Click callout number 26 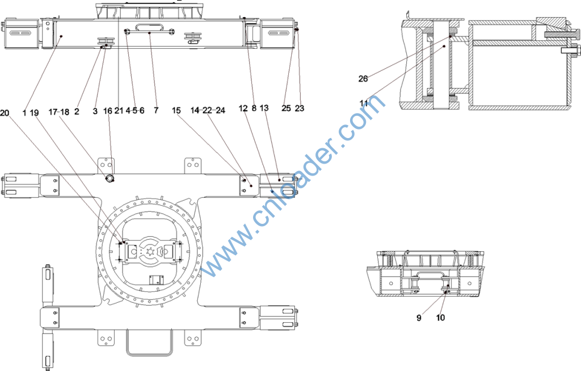(363, 78)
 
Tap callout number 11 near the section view (363, 103)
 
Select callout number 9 (419, 318)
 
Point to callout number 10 (440, 318)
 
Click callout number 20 (5, 113)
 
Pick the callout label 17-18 (59, 112)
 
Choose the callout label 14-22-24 (208, 110)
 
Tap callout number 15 (176, 110)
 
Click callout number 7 (156, 110)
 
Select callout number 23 (300, 108)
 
